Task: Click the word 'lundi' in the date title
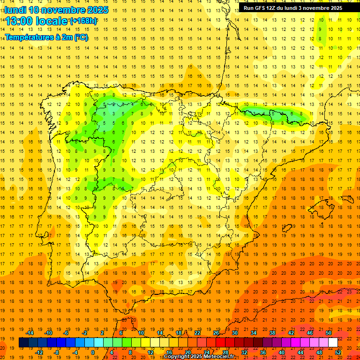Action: [x=16, y=10]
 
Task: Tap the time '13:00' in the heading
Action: [x=20, y=21]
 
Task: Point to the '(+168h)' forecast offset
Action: [x=83, y=21]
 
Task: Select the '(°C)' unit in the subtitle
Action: [x=81, y=37]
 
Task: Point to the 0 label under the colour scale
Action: [x=93, y=352]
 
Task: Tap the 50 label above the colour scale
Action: [x=329, y=333]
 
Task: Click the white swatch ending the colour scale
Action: [x=333, y=343]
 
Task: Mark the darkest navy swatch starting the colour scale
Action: [x=24, y=343]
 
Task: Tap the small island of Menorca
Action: [x=347, y=199]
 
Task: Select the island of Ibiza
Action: [x=286, y=228]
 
